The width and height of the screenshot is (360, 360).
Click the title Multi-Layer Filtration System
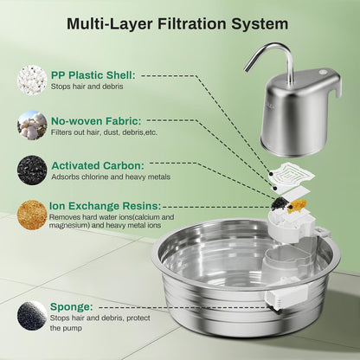(x=179, y=23)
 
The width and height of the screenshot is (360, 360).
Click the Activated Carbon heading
(x=99, y=164)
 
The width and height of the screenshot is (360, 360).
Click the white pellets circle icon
(x=32, y=80)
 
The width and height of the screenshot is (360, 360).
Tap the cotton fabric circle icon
(x=32, y=125)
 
